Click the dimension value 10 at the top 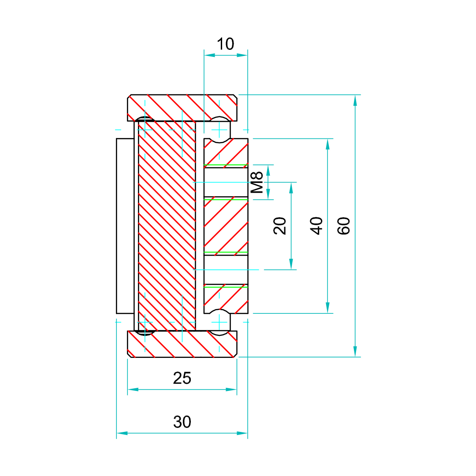point(225,44)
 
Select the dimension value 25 point(182,378)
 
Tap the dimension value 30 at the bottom point(182,422)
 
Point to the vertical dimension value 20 point(280,226)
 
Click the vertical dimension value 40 point(317,226)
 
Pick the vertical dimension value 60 point(344,226)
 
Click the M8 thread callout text point(257,182)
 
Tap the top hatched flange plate point(182,108)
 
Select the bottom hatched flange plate point(182,344)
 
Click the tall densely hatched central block point(167,226)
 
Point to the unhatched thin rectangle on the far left point(125,226)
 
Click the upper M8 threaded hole point(226,182)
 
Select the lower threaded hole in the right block point(226,269)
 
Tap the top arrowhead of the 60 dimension point(355,100)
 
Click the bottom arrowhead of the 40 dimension point(327,308)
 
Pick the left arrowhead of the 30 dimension point(122,433)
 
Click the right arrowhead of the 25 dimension point(232,390)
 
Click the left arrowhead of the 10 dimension point(209,55)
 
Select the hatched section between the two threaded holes point(226,226)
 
